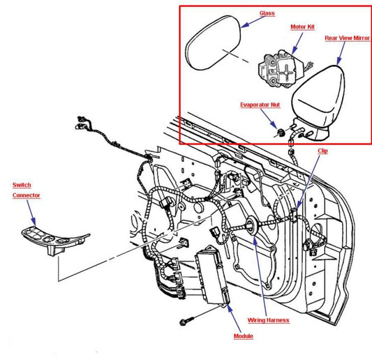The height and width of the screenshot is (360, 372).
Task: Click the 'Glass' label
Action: click(267, 13)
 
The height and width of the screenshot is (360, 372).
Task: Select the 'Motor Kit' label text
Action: click(302, 27)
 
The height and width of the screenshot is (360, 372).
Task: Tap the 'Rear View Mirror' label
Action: click(347, 38)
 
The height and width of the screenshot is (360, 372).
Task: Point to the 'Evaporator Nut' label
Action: click(260, 105)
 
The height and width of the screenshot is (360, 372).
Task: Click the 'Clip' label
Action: click(323, 151)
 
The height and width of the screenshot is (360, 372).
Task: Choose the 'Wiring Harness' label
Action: click(268, 320)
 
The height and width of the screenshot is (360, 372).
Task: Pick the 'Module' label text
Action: click(244, 336)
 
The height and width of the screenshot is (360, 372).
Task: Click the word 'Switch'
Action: click(22, 185)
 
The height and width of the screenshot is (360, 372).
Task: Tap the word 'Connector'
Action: click(27, 195)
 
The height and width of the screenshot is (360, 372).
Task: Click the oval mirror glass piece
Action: click(213, 43)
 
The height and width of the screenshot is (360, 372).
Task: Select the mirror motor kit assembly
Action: click(283, 69)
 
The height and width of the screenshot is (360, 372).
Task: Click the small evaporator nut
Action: click(281, 133)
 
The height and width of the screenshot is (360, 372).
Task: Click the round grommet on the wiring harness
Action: click(251, 225)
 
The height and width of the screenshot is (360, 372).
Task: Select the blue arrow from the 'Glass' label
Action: click(253, 22)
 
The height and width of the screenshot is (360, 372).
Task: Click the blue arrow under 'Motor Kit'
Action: click(297, 43)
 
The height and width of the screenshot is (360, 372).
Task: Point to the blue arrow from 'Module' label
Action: click(235, 317)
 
